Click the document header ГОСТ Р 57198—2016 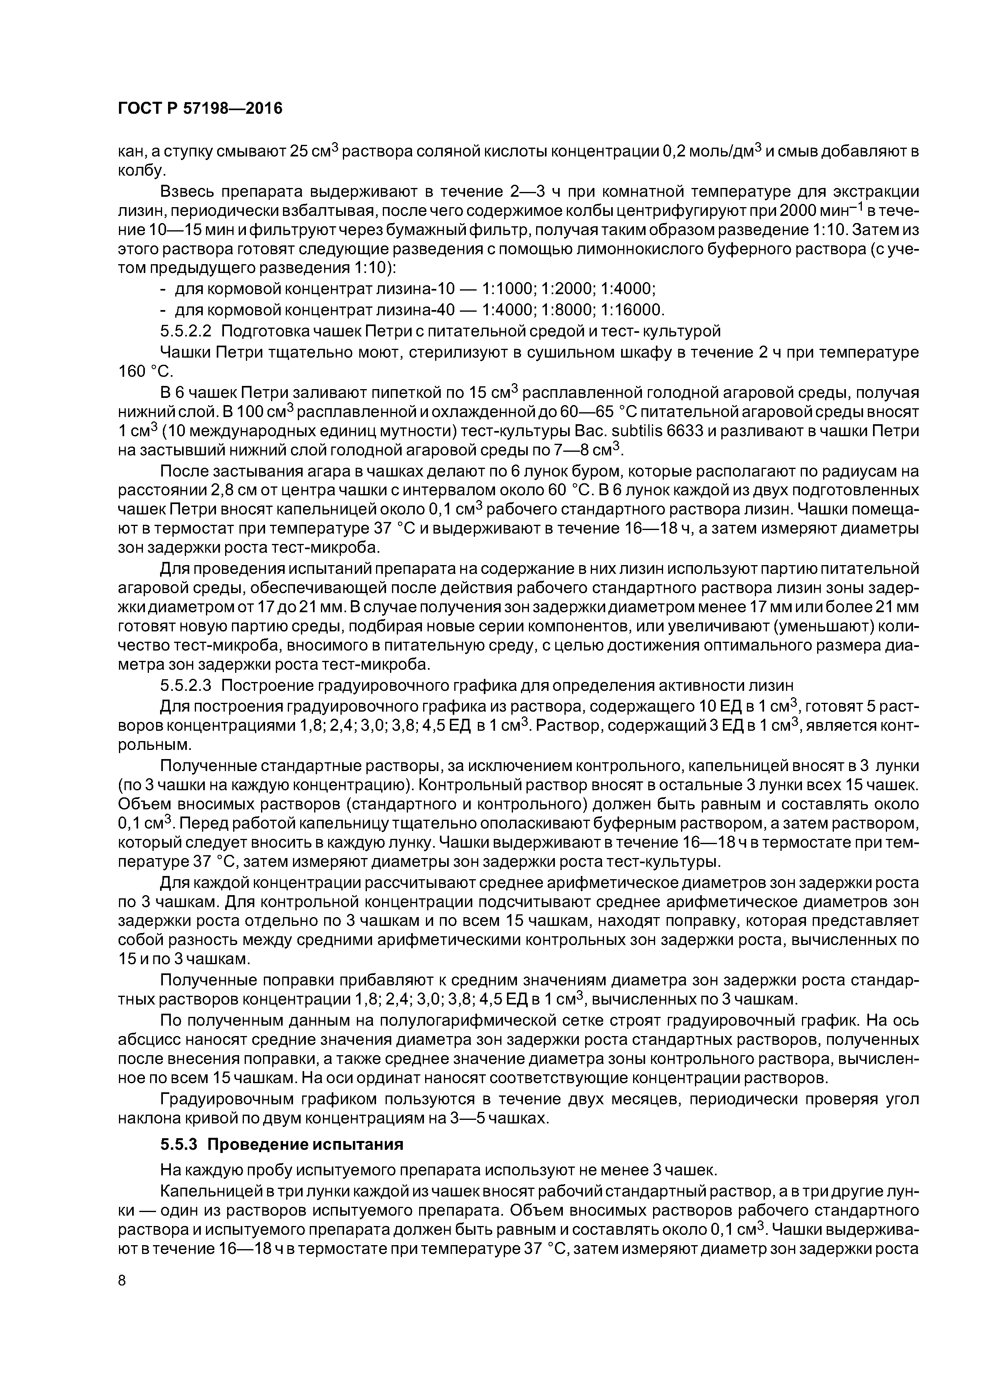[x=200, y=109]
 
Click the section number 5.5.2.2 [x=186, y=331]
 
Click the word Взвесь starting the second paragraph [x=186, y=192]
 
